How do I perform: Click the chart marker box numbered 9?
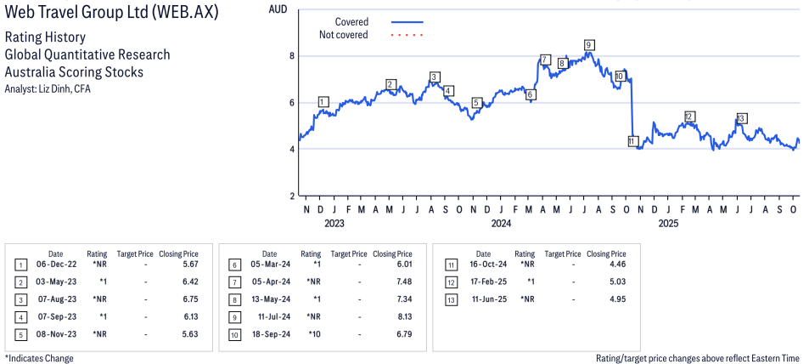(588, 45)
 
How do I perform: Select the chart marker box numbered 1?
(323, 102)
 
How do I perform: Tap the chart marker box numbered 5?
(476, 103)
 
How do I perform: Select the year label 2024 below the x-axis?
(501, 224)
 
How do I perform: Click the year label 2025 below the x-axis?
(668, 224)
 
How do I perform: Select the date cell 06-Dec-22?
(55, 264)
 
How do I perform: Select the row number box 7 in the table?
(233, 282)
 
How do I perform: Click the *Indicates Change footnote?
(39, 358)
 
